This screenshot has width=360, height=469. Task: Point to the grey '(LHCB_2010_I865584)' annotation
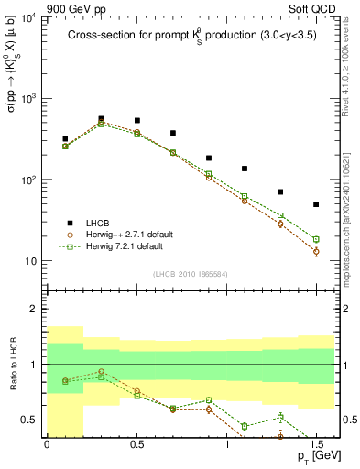pyautogui.click(x=191, y=274)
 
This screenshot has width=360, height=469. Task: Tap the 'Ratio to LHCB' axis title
pyautogui.click(x=12, y=364)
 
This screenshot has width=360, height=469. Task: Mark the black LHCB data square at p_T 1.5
pyautogui.click(x=316, y=204)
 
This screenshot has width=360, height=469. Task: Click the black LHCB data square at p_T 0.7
pyautogui.click(x=172, y=133)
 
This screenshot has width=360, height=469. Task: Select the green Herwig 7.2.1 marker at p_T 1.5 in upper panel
pyautogui.click(x=316, y=239)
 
